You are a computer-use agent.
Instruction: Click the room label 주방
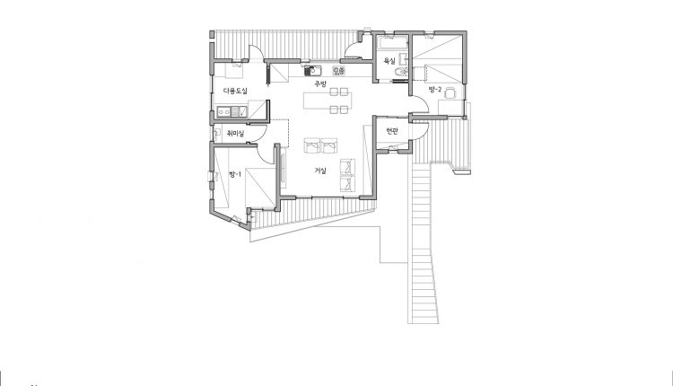click(x=320, y=83)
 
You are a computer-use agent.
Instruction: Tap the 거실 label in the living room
click(x=320, y=171)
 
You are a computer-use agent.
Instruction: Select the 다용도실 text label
click(x=235, y=91)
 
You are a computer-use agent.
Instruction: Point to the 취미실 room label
click(x=235, y=134)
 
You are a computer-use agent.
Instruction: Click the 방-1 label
click(x=235, y=174)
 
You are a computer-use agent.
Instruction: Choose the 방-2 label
click(x=435, y=89)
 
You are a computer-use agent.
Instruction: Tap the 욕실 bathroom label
click(x=389, y=61)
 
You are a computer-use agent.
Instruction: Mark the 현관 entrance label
click(x=392, y=131)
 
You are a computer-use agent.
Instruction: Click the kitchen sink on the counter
click(x=313, y=70)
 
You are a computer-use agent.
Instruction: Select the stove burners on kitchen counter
click(x=338, y=70)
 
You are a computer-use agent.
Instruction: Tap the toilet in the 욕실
click(x=401, y=72)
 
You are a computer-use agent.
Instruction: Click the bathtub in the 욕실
click(x=392, y=43)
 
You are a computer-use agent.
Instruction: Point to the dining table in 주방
click(x=328, y=101)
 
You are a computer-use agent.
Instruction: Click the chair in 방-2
click(x=450, y=92)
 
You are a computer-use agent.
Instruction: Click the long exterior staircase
click(x=423, y=242)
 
